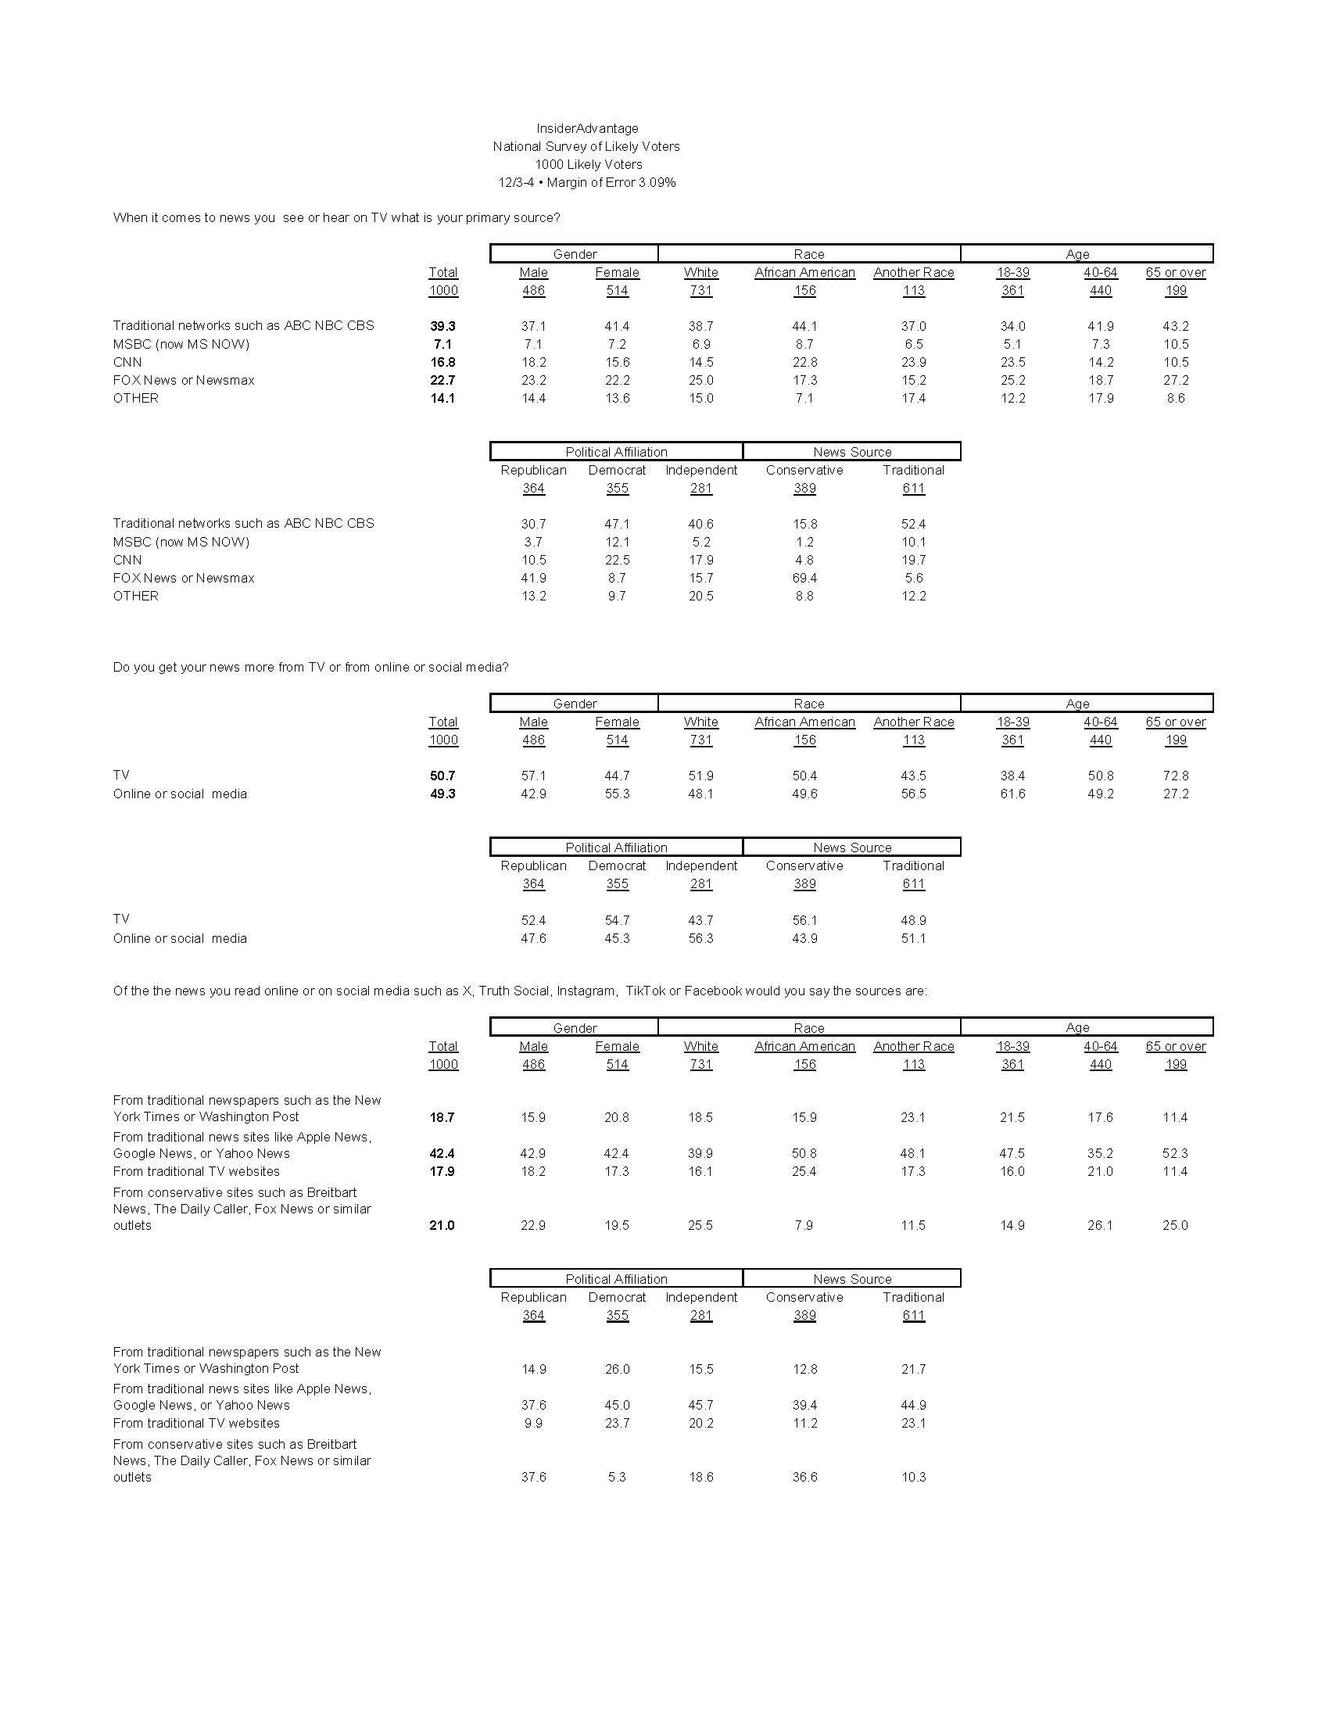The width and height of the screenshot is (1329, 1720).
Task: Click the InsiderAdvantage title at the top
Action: pos(586,128)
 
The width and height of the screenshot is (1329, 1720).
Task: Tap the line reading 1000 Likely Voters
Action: pos(588,165)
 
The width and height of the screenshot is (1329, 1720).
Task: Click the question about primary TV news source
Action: pos(336,217)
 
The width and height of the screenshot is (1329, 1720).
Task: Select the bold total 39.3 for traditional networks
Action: pos(442,326)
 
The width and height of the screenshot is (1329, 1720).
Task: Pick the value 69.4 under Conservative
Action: pos(804,578)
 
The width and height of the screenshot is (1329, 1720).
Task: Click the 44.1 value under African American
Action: pos(804,326)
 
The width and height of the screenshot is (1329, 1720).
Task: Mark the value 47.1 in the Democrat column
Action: pos(617,524)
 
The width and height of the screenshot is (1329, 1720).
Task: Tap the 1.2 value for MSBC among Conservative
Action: pos(804,542)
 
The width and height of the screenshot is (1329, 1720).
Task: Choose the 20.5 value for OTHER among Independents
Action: pos(700,597)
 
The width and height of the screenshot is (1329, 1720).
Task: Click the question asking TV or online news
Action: pos(310,667)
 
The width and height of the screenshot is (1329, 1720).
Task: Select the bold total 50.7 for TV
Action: pos(442,776)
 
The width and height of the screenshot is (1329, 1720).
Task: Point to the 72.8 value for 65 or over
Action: pos(1175,776)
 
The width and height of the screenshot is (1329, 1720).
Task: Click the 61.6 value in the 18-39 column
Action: pos(1012,794)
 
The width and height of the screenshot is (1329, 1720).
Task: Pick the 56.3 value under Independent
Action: pos(700,938)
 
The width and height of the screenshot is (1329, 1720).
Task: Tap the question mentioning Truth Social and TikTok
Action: pos(520,991)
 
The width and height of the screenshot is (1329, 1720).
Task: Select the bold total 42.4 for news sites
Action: pos(442,1153)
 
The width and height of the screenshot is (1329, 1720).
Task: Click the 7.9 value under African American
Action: pos(804,1225)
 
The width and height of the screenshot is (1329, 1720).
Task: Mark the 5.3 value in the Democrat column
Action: pos(617,1477)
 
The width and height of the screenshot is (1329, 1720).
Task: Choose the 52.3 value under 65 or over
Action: pos(1175,1153)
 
